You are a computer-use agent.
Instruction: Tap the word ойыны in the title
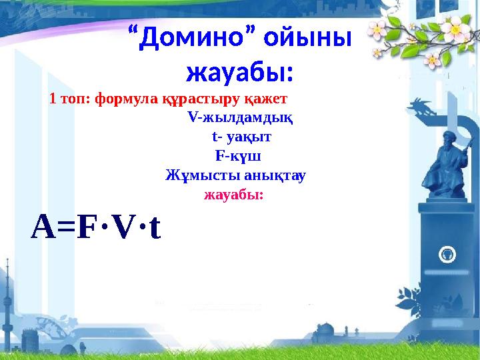[x=307, y=39]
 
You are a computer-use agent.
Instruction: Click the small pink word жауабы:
[x=233, y=195]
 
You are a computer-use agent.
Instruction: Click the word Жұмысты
[x=197, y=177]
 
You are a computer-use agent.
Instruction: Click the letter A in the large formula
[x=43, y=228]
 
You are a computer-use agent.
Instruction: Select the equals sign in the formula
[x=67, y=229]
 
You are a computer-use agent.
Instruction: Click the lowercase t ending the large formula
[x=154, y=229]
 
